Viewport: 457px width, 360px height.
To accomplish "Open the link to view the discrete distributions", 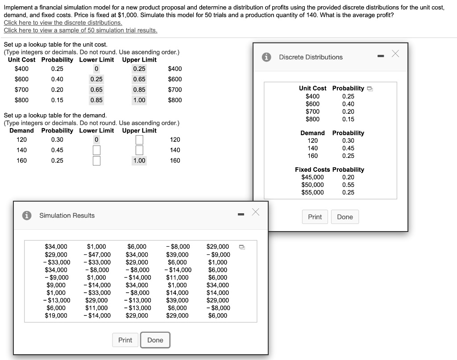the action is (x=63, y=22).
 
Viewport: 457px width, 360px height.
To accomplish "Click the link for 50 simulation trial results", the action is (x=80, y=30).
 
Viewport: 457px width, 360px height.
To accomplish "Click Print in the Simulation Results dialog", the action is (x=125, y=340).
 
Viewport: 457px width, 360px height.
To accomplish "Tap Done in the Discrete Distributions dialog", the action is (x=345, y=217).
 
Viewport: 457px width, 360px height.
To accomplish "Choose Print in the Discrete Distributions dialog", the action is (x=315, y=217).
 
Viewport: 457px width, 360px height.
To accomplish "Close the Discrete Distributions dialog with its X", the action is (x=395, y=54).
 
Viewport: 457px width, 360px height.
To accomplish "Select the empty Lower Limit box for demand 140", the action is (x=96, y=150).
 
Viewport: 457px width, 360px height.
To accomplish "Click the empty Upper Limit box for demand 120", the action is (x=139, y=140).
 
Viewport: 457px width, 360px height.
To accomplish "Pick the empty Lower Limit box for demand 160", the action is (x=96, y=160).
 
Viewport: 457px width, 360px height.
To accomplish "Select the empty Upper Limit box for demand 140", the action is (x=139, y=150).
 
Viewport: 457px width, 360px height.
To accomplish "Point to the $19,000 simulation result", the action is (x=56, y=315).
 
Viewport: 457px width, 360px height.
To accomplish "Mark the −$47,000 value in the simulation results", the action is (x=97, y=254).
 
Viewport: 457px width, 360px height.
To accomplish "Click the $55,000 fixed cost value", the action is (x=313, y=192).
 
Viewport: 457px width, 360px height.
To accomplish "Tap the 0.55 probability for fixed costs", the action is (x=348, y=185).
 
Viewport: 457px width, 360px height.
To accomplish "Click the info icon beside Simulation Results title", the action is (x=28, y=215).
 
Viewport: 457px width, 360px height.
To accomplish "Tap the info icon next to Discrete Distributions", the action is (x=267, y=57).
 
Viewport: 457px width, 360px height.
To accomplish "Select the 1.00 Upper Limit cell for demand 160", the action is (x=139, y=161).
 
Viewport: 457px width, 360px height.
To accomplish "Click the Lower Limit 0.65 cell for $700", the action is (x=96, y=90).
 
